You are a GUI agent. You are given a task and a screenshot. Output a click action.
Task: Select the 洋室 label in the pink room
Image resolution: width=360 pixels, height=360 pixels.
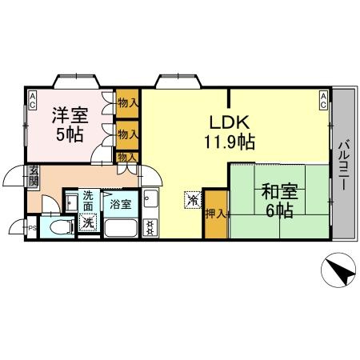coord(71,114)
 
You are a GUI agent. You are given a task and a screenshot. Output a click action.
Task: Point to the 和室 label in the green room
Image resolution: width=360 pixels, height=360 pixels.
coord(279,192)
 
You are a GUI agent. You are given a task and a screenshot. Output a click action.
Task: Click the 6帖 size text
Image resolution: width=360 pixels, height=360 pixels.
coord(279,211)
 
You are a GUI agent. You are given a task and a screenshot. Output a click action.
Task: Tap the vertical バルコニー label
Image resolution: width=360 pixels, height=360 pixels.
coord(342,164)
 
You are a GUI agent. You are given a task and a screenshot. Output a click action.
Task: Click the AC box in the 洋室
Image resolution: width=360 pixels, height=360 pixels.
coord(33,99)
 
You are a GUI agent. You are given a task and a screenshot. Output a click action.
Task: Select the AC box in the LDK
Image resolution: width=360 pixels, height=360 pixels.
coord(323,99)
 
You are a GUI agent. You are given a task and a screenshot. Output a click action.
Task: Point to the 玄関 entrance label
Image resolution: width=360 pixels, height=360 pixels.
coord(34,176)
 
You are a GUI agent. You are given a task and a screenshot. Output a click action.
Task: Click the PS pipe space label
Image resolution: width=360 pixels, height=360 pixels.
coord(32,228)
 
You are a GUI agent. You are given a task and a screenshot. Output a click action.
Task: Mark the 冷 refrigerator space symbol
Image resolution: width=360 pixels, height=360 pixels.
coord(193,200)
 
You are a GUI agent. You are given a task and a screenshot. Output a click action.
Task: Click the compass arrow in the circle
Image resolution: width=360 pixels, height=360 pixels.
coord(338,274)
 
